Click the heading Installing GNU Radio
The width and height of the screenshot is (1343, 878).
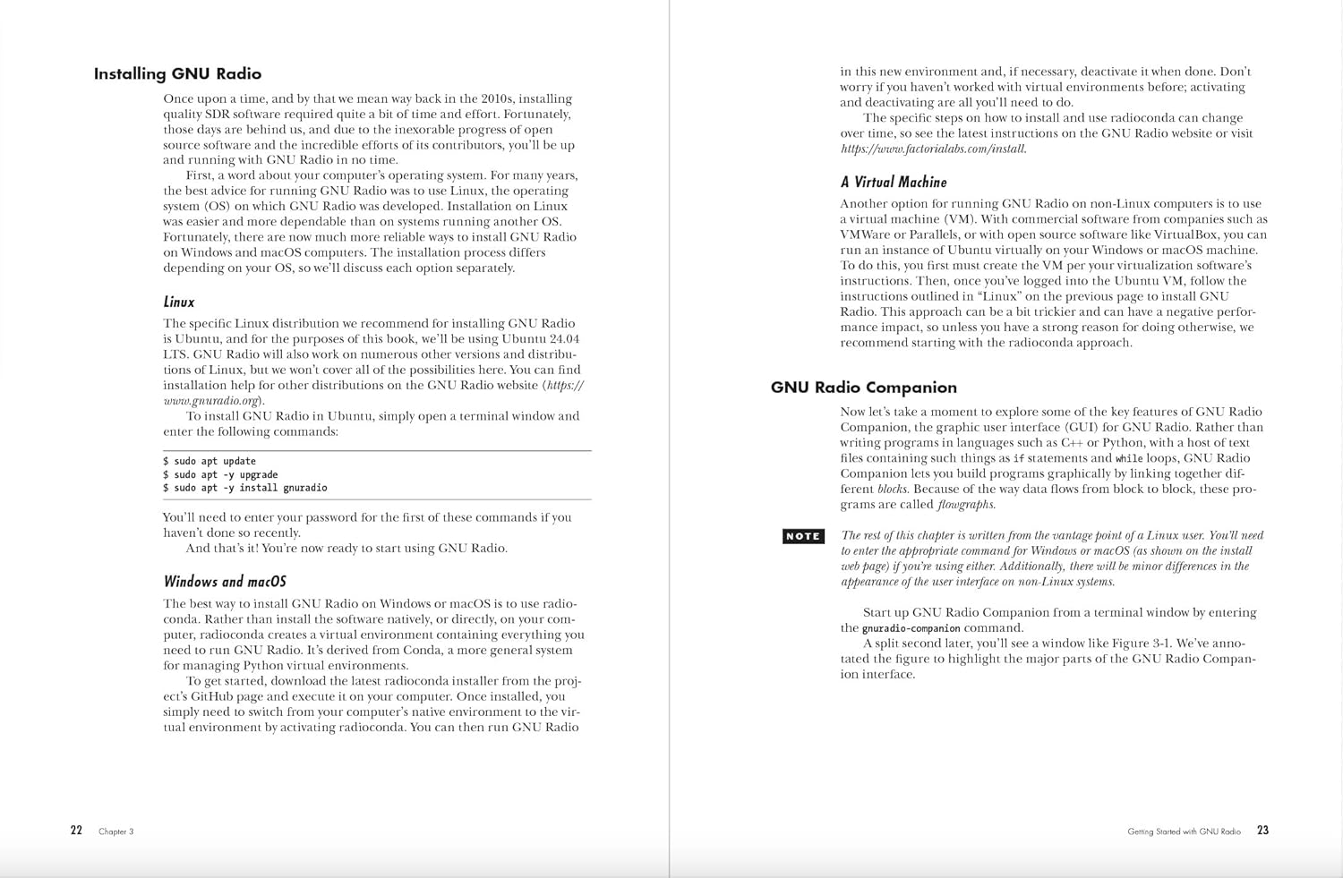(177, 74)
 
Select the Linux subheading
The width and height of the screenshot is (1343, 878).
(179, 303)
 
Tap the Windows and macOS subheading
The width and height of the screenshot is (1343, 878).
(225, 582)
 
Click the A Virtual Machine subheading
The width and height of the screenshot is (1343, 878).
(894, 183)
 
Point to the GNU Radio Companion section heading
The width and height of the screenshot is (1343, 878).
(864, 388)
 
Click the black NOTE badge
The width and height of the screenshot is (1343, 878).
(803, 536)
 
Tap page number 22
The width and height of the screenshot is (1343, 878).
(76, 831)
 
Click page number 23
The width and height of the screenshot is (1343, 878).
(1262, 831)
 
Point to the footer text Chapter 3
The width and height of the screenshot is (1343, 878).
(115, 831)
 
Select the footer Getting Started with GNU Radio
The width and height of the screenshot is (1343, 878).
(1184, 831)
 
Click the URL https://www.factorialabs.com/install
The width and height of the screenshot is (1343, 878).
(933, 149)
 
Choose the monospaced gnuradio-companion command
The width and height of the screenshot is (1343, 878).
(911, 628)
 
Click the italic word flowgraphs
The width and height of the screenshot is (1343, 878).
(966, 505)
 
